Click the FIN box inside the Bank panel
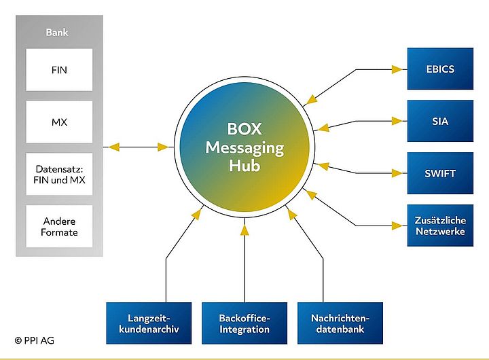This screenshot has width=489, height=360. point(59,69)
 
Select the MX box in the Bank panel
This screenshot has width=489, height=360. point(59,122)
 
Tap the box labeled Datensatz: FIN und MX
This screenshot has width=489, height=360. point(59,174)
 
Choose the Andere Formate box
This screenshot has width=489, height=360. point(59,226)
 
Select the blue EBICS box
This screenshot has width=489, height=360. point(439,69)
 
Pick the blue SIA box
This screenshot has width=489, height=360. point(439,122)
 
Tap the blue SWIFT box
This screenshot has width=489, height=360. point(439,173)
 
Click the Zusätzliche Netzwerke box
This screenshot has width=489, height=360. point(439,226)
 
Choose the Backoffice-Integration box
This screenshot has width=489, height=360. point(244,323)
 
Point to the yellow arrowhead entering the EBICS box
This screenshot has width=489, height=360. point(397,69)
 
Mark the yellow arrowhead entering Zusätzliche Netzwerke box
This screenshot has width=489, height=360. point(397,226)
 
